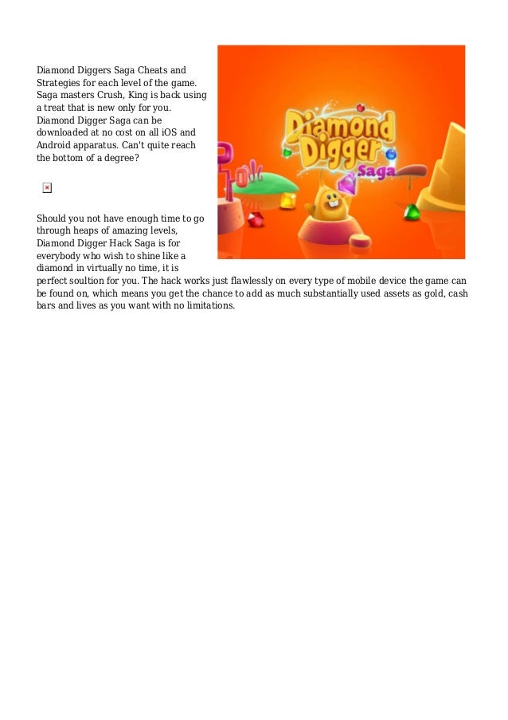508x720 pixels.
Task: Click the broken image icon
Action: tap(47, 187)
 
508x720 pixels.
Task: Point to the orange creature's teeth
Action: tap(327, 215)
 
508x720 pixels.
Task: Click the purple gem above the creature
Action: tap(346, 184)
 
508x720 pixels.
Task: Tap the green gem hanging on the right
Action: tap(411, 211)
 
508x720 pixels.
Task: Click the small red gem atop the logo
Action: tap(359, 107)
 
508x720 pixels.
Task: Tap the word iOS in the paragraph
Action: tap(177, 132)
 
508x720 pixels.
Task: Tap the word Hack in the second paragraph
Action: tap(127, 243)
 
